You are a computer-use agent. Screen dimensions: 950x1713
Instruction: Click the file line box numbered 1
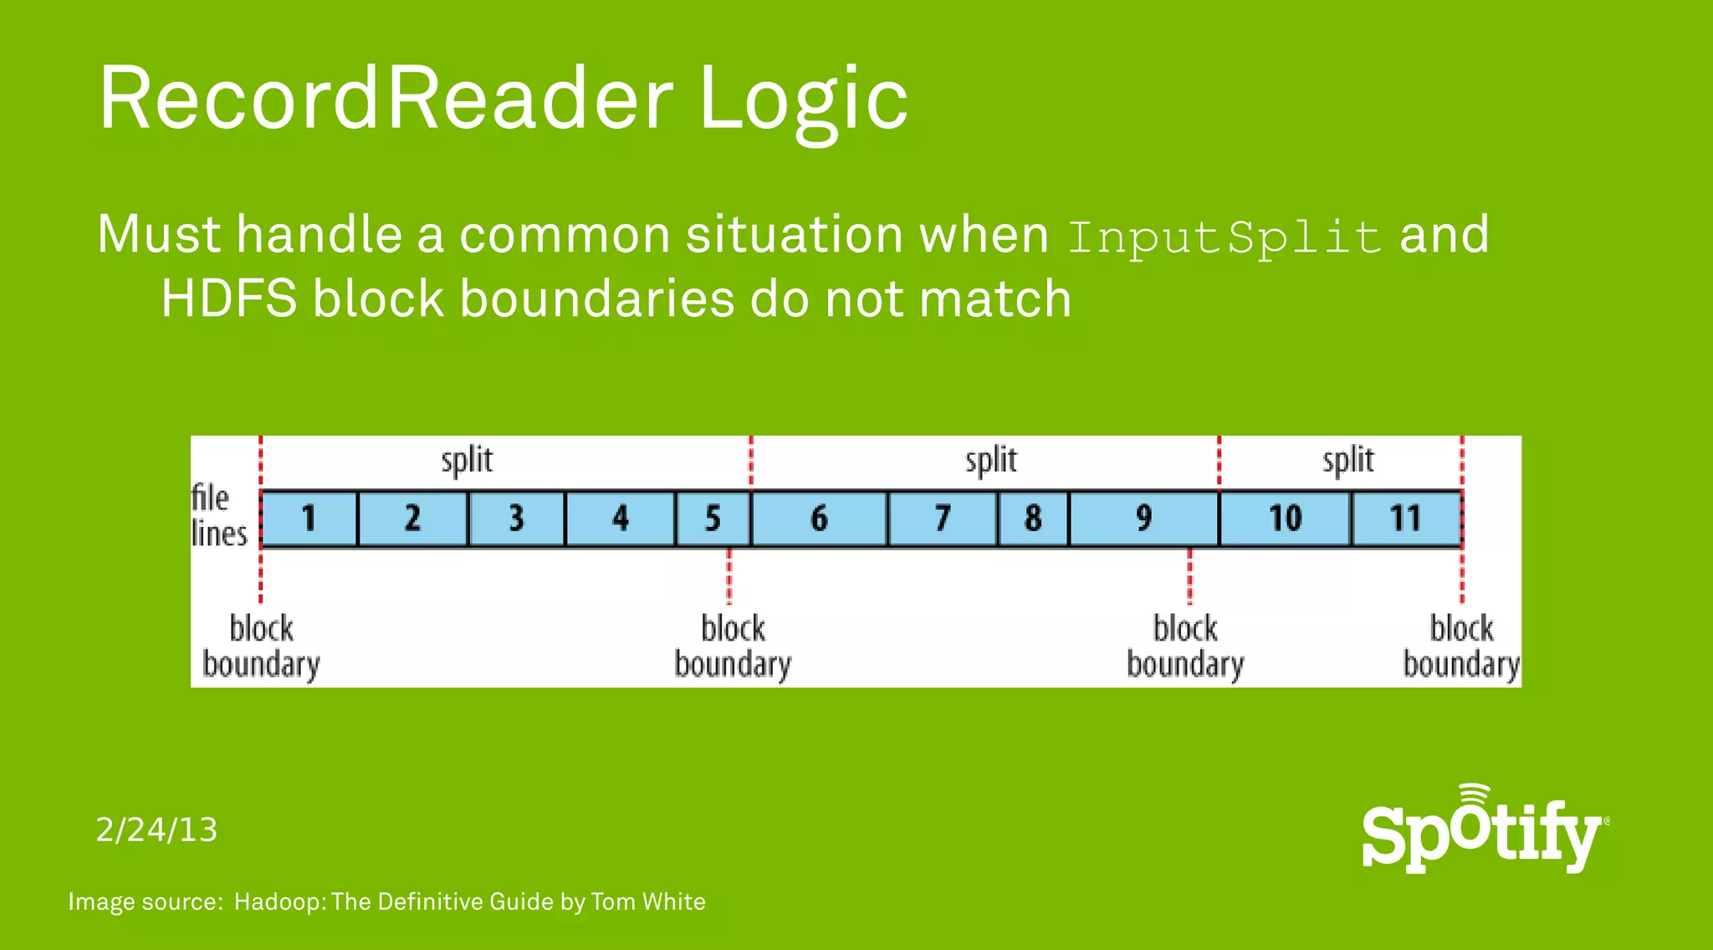(x=309, y=518)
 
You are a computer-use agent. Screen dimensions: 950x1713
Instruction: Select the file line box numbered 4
(x=620, y=518)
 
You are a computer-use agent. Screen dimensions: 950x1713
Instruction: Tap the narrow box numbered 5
(x=713, y=518)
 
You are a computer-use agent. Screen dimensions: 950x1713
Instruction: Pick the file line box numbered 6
(x=819, y=518)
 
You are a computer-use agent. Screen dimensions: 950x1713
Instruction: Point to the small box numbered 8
(x=1033, y=518)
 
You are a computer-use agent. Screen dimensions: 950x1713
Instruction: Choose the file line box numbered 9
(x=1143, y=518)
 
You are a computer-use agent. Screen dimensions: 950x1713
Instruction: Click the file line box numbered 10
(x=1285, y=518)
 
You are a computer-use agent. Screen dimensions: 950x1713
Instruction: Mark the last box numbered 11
(x=1406, y=518)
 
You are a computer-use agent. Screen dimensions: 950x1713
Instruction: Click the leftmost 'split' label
(x=467, y=461)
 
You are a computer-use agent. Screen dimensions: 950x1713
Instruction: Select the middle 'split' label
(x=991, y=461)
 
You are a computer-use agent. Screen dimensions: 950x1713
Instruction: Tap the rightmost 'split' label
(x=1347, y=461)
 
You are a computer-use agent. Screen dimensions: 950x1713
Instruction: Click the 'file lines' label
(x=218, y=516)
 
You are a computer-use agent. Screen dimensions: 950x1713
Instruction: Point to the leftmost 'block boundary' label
(x=261, y=646)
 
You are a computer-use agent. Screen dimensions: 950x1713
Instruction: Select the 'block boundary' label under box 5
(x=733, y=646)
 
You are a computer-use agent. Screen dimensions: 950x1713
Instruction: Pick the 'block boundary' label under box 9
(x=1185, y=646)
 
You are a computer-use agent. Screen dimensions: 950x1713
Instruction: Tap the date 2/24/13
(x=156, y=830)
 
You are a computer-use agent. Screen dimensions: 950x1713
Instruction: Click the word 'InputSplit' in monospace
(x=1224, y=237)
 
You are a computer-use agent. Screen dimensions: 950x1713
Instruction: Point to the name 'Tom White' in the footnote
(x=647, y=901)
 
